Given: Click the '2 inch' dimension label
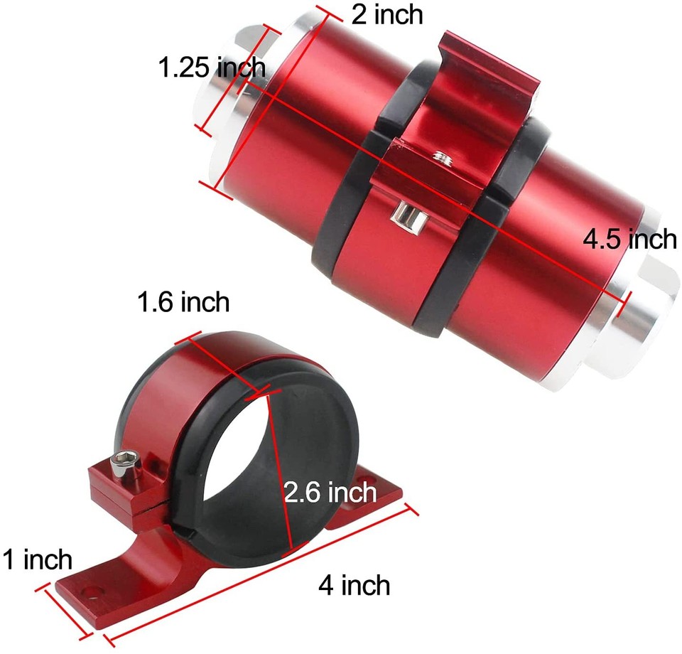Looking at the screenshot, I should click(x=387, y=15).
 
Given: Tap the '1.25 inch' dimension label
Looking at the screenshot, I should click(x=211, y=68).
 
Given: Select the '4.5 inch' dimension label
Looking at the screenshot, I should click(x=629, y=240).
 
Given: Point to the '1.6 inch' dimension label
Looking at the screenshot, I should click(x=183, y=302).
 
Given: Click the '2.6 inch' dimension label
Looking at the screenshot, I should click(x=330, y=491).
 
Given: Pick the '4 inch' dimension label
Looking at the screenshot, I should click(x=354, y=586).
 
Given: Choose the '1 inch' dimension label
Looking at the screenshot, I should click(x=37, y=559).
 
